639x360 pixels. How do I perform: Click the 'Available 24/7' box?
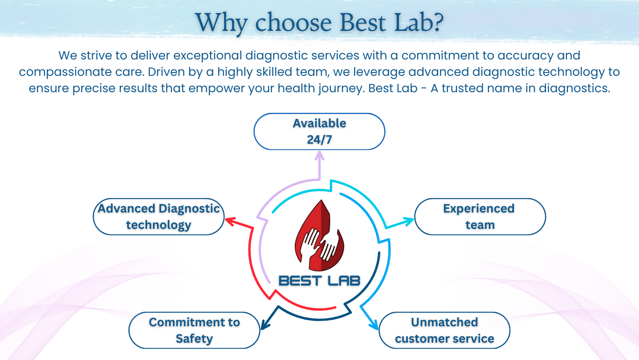coord(319,132)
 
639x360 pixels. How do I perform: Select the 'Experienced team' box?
coord(480,217)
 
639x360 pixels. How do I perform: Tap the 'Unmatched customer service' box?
coord(444,331)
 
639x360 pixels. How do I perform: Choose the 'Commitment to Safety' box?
coord(194,331)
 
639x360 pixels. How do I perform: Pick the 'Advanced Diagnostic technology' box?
coord(159,217)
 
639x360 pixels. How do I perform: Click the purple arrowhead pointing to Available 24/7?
coord(319,156)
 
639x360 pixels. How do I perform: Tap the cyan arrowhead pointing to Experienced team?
coord(408,220)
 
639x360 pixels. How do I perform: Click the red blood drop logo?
coord(319,235)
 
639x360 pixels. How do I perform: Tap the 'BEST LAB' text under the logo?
coord(319,281)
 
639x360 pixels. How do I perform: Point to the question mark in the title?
coord(436,22)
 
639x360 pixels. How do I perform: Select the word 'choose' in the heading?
coord(293,22)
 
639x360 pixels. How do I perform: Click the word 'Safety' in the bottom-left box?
coord(194,339)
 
